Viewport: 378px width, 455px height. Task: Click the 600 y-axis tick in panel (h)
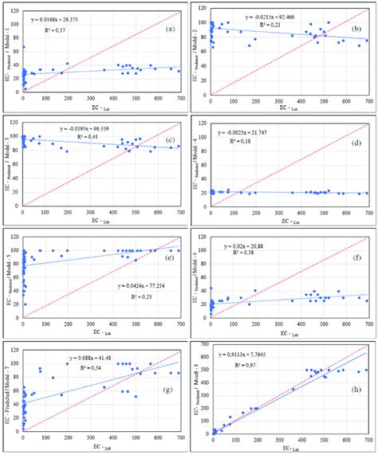203,347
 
